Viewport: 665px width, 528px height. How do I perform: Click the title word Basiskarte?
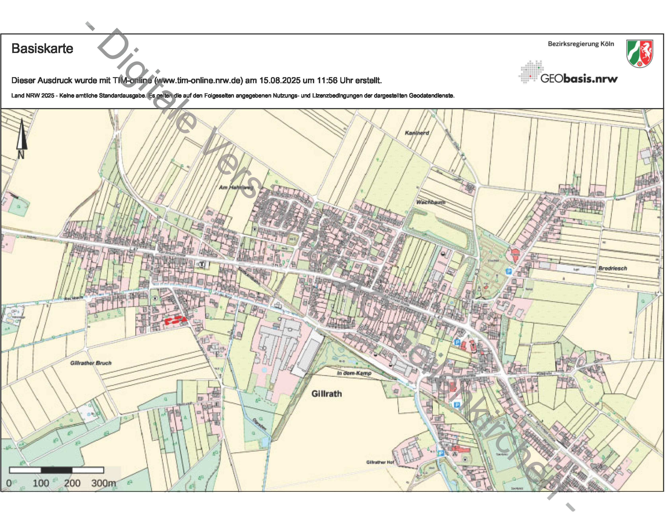coord(42,49)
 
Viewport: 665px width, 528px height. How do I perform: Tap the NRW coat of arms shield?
coord(639,53)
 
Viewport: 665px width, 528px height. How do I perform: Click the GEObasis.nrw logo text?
coord(579,79)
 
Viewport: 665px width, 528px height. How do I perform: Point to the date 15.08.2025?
coord(279,81)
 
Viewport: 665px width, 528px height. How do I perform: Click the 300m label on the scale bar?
coord(103,483)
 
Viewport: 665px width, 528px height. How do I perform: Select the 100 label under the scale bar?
coord(41,483)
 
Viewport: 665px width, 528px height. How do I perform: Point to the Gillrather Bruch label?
coord(91,363)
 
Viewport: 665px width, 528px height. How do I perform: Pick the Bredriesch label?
coord(612,268)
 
